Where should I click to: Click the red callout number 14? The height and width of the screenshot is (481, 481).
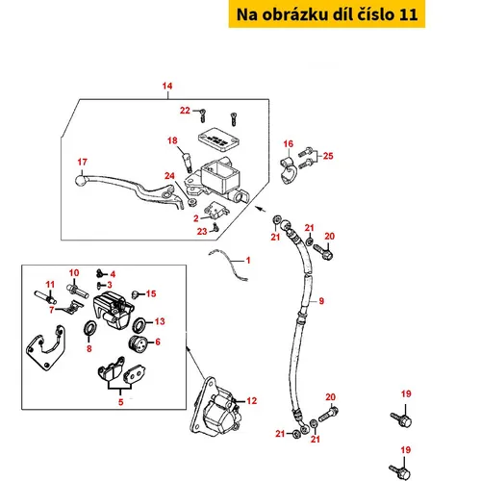point(167,86)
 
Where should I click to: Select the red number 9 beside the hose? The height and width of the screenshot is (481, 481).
point(321,301)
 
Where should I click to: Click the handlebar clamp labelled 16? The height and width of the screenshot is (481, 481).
point(288,171)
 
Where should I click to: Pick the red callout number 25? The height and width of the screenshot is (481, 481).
point(328,156)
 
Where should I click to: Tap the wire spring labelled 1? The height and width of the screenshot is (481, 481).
point(229,265)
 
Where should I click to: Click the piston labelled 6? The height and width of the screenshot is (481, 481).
point(138,343)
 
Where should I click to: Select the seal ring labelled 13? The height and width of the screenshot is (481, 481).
point(140,325)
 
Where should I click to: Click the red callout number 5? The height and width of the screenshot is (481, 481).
point(120,402)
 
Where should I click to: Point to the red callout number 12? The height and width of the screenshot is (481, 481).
point(252,401)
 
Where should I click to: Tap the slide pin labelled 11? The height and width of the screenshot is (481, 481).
point(45,296)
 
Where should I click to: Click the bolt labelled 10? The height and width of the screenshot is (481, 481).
point(77,290)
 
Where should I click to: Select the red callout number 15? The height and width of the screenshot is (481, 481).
point(151,293)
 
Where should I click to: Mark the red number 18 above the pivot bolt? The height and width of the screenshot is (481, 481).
point(172,140)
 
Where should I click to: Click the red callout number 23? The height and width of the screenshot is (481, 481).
point(202,231)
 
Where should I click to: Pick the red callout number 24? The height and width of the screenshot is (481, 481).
point(169,176)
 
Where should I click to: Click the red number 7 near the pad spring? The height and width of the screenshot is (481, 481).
point(52,310)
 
